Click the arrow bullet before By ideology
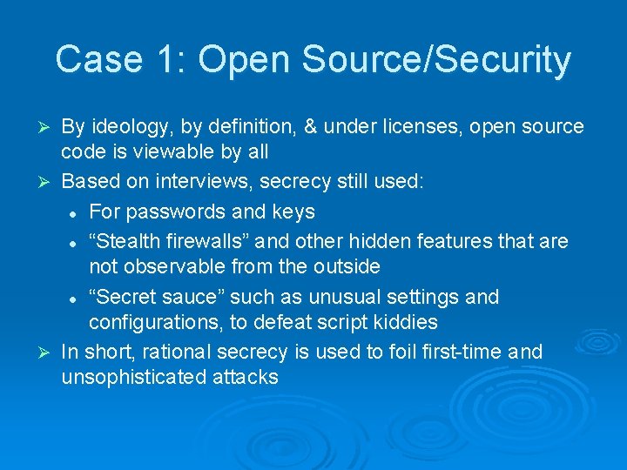[48, 128]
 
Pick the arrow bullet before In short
[48, 352]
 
